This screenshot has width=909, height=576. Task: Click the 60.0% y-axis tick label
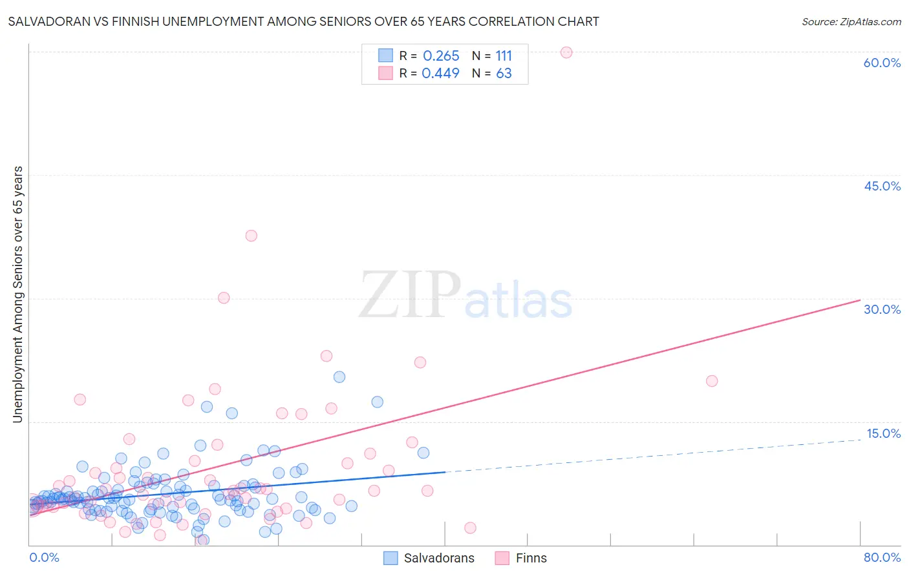[x=882, y=63]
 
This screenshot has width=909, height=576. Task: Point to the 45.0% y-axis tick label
[x=882, y=186]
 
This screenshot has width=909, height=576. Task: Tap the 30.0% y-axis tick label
[x=882, y=309]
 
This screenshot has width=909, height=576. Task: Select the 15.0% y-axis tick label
[x=882, y=433]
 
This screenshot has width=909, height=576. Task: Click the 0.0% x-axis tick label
[x=44, y=558]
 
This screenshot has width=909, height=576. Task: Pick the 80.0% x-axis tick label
[x=882, y=558]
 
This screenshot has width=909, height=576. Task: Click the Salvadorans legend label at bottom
[x=439, y=559]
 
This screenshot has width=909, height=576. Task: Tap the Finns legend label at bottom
[x=531, y=559]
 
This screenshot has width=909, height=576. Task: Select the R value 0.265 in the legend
[x=441, y=56]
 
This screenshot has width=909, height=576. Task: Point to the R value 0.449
[x=440, y=74]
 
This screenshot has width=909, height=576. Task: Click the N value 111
[x=504, y=56]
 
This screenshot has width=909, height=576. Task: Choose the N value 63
[x=504, y=74]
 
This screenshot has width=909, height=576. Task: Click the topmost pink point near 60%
[x=566, y=52]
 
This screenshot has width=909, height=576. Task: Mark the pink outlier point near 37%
[x=251, y=236]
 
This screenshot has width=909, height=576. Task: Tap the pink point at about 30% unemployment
[x=224, y=298]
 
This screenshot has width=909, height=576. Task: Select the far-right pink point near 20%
[x=712, y=381]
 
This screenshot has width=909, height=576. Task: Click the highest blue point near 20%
[x=339, y=377]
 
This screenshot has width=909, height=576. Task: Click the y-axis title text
[x=17, y=294]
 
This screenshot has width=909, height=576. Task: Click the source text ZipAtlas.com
[x=851, y=22]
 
